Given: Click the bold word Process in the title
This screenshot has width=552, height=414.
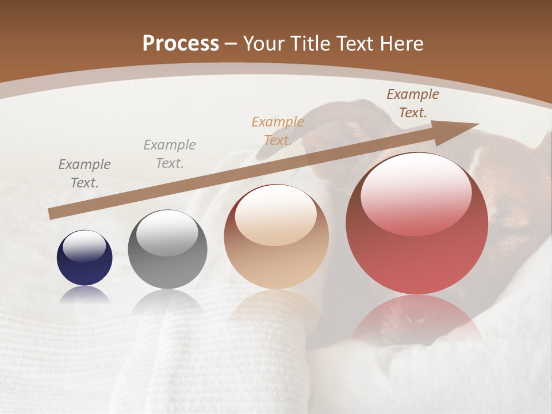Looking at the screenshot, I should (x=181, y=44).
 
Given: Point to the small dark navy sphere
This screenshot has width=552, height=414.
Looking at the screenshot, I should (x=85, y=258).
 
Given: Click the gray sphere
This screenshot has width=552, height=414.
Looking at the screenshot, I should (x=167, y=250).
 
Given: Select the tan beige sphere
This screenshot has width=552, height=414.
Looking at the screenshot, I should (x=277, y=236).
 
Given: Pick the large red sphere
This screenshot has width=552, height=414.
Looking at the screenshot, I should (x=417, y=223).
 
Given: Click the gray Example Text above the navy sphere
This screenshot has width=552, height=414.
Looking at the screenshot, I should (x=85, y=173).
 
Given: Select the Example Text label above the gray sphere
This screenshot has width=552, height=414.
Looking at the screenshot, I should (x=170, y=154).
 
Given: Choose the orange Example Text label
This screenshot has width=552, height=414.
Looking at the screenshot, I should (x=278, y=131).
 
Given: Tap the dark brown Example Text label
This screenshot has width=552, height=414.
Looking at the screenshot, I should (x=412, y=103).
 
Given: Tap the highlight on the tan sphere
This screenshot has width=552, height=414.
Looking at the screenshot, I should (x=276, y=216).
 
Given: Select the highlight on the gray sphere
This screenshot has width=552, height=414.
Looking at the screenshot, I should (x=167, y=233).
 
